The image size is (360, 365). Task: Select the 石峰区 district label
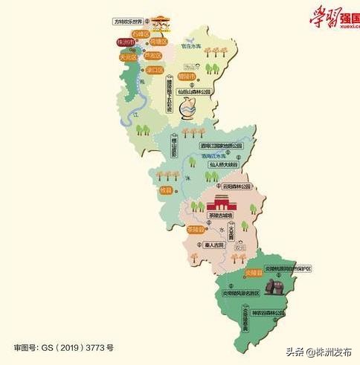141,34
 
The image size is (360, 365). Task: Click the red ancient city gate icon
223,202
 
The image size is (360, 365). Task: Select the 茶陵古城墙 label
219,216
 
